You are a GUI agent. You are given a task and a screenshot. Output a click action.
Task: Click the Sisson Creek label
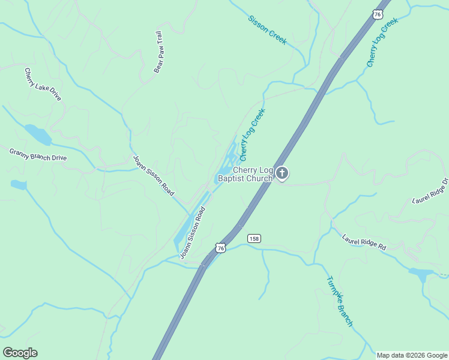tap(267, 29)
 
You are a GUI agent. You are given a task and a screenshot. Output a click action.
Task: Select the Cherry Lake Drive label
tap(43, 85)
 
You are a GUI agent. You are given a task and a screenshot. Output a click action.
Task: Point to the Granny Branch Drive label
tap(38, 154)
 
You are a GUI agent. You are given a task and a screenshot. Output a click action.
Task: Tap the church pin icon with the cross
tap(282, 173)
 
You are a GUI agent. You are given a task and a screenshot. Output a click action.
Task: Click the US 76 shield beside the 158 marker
tap(221, 248)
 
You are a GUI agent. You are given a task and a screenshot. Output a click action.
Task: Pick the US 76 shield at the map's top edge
tap(377, 14)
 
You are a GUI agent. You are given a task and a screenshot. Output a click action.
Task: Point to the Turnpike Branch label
tap(340, 301)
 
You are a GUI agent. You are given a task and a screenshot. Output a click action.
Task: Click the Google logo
tap(20, 353)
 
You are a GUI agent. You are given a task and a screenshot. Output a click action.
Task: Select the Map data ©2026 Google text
tap(412, 355)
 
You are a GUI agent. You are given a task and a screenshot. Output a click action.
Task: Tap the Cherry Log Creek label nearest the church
tap(252, 135)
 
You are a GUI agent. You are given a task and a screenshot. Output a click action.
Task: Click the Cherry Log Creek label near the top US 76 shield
tap(382, 43)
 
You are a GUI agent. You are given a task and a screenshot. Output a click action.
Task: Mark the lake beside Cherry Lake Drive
tap(37, 134)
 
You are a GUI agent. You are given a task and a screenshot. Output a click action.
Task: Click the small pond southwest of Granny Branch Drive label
tap(18, 185)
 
